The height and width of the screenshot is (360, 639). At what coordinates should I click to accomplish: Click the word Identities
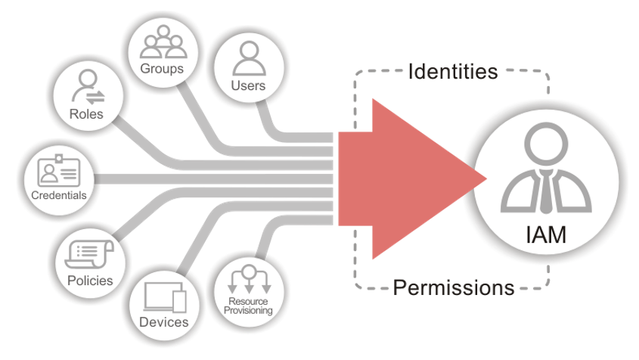(452, 72)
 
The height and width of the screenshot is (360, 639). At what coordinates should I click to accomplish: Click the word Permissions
(454, 288)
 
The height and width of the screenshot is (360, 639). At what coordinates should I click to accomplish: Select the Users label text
(248, 85)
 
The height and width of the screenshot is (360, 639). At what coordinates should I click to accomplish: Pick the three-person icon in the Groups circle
(162, 44)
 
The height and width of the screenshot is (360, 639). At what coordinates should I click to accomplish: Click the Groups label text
(162, 69)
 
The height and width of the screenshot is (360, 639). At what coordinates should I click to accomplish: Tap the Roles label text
(85, 114)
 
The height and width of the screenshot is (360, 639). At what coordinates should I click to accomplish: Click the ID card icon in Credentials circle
(60, 172)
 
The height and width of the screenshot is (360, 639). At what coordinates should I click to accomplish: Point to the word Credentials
(59, 195)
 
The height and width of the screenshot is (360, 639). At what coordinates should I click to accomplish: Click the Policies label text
(89, 281)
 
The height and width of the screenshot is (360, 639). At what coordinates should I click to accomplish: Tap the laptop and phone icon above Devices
(164, 296)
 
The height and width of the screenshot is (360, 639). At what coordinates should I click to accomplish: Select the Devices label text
(164, 322)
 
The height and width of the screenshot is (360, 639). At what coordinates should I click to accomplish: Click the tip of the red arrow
(484, 178)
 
